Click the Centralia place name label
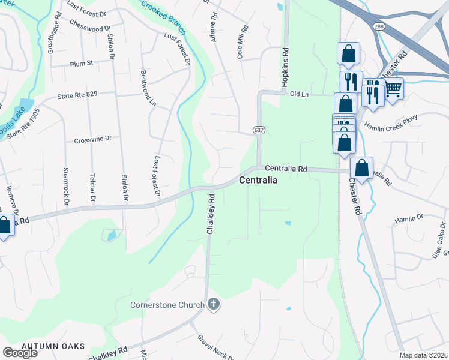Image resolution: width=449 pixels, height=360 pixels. (258, 180)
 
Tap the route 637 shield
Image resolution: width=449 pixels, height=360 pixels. (259, 130)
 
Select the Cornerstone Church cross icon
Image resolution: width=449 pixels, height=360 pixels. (213, 305)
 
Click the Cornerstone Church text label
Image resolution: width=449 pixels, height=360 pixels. (168, 305)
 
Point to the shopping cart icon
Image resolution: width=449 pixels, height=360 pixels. (393, 89)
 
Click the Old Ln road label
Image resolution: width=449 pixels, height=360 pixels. (298, 94)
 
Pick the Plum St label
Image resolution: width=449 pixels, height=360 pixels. (82, 63)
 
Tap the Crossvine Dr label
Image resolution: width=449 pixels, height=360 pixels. (93, 139)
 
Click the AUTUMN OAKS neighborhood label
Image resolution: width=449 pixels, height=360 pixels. (53, 346)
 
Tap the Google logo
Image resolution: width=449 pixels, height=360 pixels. (20, 353)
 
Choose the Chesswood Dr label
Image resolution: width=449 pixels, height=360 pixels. (91, 28)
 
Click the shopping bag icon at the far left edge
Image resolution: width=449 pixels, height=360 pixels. (4, 226)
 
